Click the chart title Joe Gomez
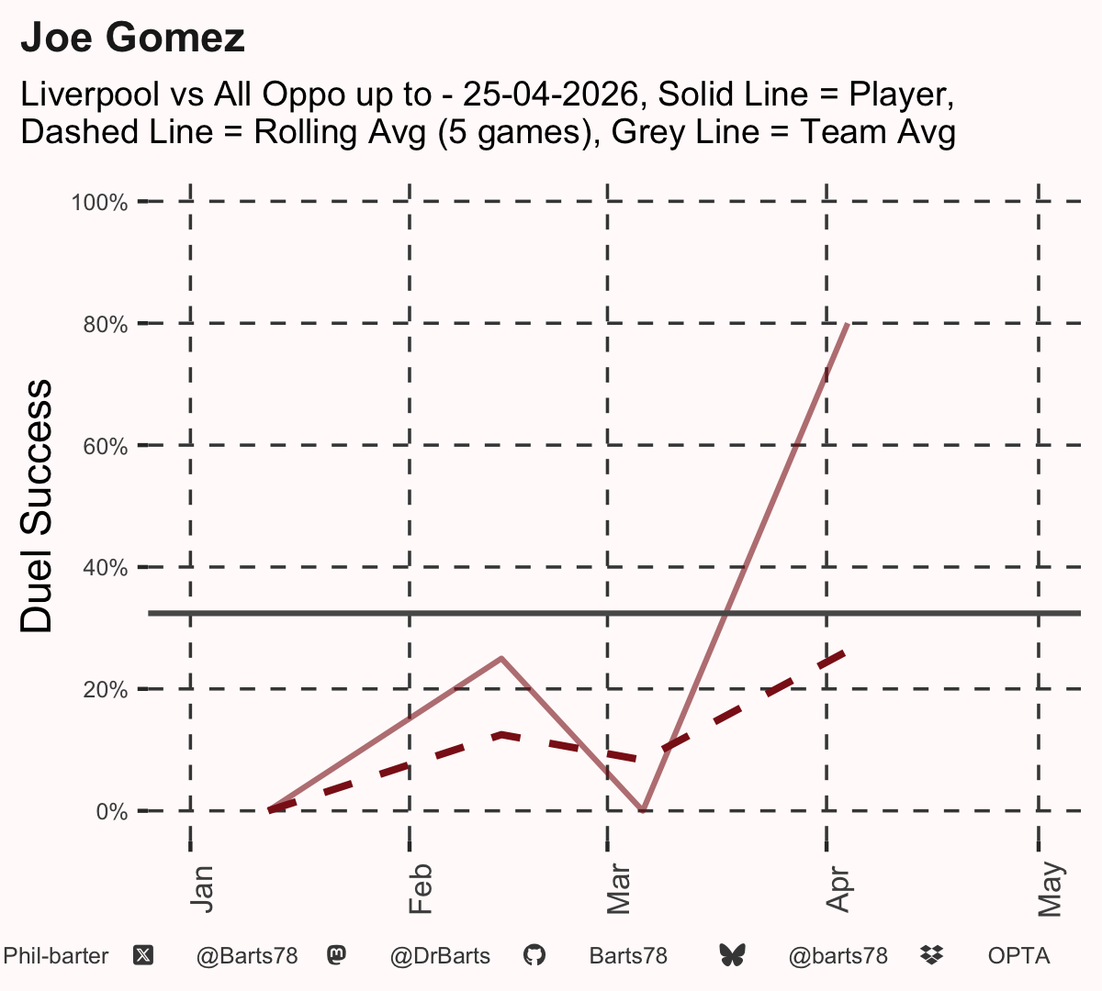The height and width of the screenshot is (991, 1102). pyautogui.click(x=132, y=38)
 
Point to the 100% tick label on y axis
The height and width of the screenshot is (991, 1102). pyautogui.click(x=99, y=203)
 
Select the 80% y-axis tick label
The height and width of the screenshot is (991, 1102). pyautogui.click(x=106, y=325)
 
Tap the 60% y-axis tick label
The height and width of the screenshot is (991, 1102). pyautogui.click(x=106, y=446)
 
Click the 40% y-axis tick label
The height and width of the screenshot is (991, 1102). pyautogui.click(x=106, y=568)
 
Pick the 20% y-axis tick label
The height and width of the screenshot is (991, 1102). pyautogui.click(x=106, y=690)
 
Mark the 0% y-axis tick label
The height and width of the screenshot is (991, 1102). pyautogui.click(x=111, y=811)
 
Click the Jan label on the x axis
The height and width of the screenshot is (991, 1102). pyautogui.click(x=202, y=889)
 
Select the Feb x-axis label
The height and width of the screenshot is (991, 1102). pyautogui.click(x=421, y=889)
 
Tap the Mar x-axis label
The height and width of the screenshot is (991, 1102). pyautogui.click(x=618, y=889)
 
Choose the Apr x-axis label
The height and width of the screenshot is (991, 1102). pyautogui.click(x=838, y=889)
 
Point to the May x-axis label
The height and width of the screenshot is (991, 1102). pyautogui.click(x=1050, y=889)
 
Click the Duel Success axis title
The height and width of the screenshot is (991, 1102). pyautogui.click(x=36, y=505)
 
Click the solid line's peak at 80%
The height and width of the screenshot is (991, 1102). pyautogui.click(x=849, y=325)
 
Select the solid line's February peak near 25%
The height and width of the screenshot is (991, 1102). pyautogui.click(x=501, y=658)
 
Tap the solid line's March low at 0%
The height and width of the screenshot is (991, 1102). pyautogui.click(x=642, y=810)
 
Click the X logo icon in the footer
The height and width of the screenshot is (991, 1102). pyautogui.click(x=143, y=956)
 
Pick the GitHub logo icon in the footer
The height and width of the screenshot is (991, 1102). pyautogui.click(x=534, y=956)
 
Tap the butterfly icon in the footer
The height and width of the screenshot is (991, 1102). pyautogui.click(x=732, y=956)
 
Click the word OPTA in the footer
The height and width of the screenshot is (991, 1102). pyautogui.click(x=1019, y=956)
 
